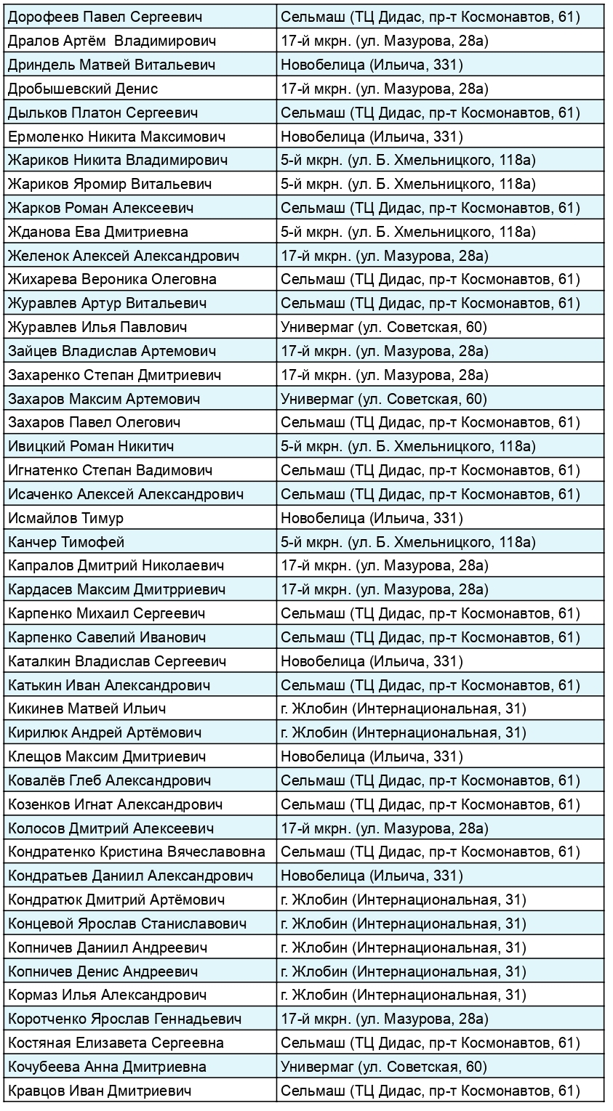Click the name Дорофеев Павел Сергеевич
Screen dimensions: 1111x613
pos(105,16)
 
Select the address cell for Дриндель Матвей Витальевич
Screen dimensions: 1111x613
pos(372,65)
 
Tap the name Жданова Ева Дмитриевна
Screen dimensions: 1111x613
pos(97,232)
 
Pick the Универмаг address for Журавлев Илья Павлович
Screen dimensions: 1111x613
pos(384,327)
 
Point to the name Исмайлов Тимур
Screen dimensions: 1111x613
pos(65,518)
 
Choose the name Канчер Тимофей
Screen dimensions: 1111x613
pos(66,542)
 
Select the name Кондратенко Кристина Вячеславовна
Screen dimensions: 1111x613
pos(137,852)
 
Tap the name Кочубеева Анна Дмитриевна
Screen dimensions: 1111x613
pos(107,1067)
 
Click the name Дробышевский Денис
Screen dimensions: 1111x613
pos(83,89)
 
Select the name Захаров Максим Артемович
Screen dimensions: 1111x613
pos(104,399)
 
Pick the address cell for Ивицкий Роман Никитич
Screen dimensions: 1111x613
pos(409,446)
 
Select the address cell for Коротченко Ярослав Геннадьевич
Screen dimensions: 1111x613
pos(384,1019)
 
